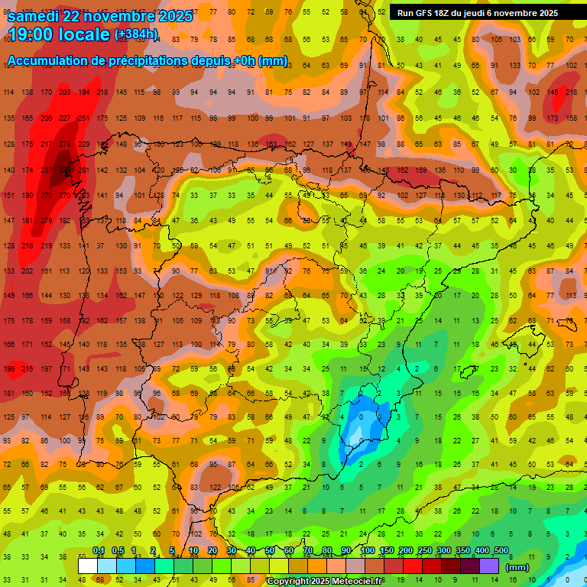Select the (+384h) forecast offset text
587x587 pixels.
click(x=136, y=34)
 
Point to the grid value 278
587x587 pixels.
click(x=65, y=144)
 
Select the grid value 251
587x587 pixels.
click(x=83, y=118)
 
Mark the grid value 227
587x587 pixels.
click(x=65, y=118)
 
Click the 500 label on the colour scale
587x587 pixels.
click(x=501, y=551)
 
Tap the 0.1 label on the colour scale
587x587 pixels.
click(x=99, y=551)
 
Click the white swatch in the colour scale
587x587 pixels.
click(x=88, y=566)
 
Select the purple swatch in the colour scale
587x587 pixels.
click(x=489, y=566)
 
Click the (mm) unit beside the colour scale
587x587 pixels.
click(x=517, y=567)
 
